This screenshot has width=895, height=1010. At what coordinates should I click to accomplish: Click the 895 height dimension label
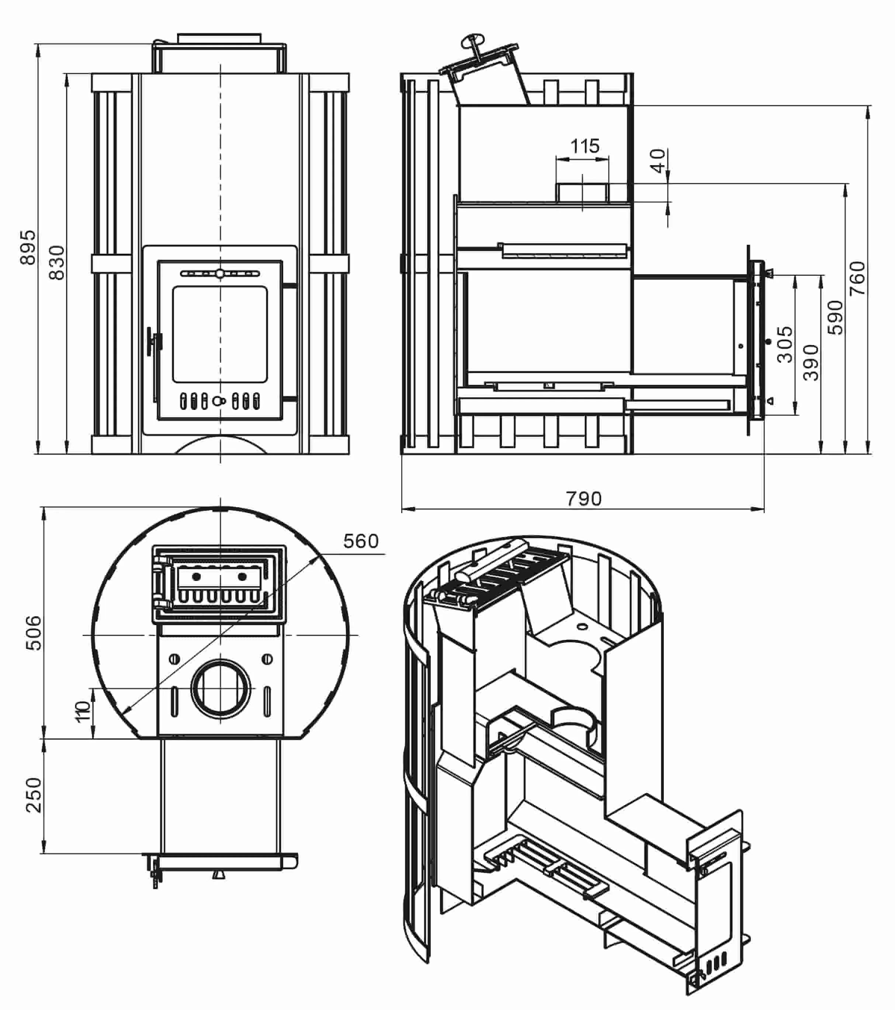28,247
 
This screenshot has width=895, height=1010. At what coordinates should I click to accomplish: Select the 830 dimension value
57,263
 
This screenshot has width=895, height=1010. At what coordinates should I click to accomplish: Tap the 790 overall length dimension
584,499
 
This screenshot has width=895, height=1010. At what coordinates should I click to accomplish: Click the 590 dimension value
835,317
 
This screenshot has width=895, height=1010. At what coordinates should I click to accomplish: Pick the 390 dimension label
811,363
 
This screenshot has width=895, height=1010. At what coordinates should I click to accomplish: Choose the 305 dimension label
784,344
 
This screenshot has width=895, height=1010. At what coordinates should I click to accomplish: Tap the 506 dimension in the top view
34,633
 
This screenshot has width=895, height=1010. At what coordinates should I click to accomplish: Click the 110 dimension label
83,711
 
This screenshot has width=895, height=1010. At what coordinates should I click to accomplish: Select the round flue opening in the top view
221,688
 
